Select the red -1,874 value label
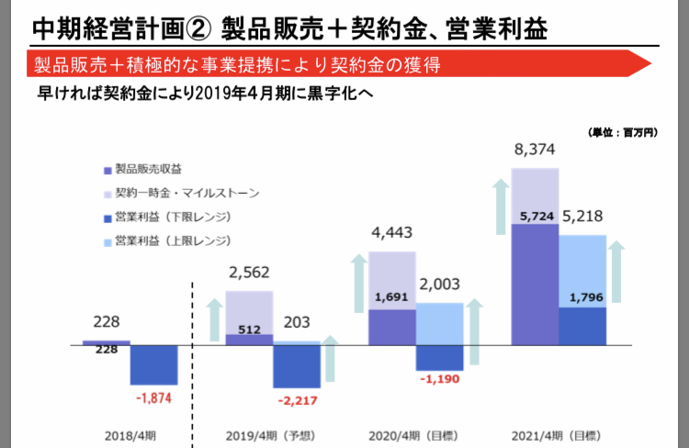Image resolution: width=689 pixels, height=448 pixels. [x=152, y=398]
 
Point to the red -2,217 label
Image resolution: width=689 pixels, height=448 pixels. [x=297, y=400]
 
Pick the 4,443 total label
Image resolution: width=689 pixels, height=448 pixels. [x=392, y=234]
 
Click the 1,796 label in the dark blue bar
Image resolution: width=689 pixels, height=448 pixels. [x=584, y=297]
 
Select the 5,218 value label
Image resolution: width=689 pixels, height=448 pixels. [x=584, y=218]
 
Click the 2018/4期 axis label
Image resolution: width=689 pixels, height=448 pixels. [x=130, y=434]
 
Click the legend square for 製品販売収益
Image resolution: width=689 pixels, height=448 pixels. [x=107, y=170]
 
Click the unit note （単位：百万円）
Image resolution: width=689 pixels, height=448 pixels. [x=621, y=133]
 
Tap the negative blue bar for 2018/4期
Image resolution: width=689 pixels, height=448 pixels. [x=153, y=364]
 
